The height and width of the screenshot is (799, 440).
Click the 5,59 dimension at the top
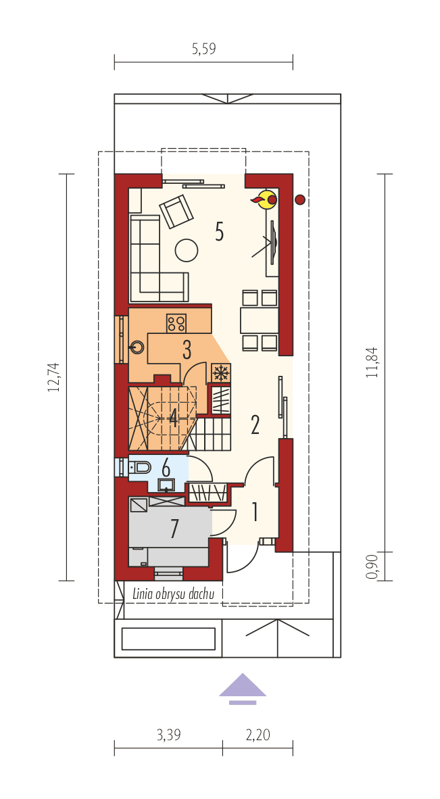point(203,49)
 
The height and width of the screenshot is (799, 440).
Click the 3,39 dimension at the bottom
point(168,735)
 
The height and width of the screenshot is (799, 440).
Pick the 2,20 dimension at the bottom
point(258,735)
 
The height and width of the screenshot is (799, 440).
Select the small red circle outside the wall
point(300,199)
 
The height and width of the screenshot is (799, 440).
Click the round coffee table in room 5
point(187,250)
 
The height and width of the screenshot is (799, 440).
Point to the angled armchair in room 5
point(176,212)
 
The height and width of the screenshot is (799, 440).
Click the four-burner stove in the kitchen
point(177,324)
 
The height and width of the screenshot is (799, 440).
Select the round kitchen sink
point(137,348)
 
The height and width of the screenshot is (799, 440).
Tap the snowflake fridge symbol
point(220,372)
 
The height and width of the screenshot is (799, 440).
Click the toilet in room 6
point(140,467)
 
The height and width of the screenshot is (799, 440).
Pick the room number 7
point(174,529)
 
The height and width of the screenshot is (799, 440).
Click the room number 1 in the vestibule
point(255,512)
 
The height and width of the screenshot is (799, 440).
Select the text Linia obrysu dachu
point(174,594)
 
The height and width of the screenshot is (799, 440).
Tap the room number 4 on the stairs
point(174,419)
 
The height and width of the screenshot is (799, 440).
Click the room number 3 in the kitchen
point(187,350)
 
